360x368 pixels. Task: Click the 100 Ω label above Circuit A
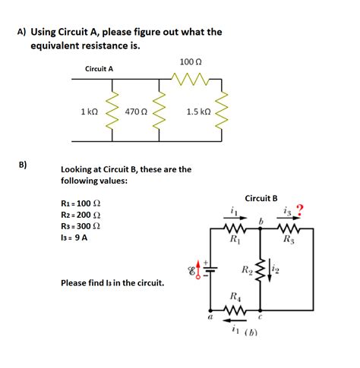pyautogui.click(x=190, y=61)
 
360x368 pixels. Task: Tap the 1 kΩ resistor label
pyautogui.click(x=89, y=112)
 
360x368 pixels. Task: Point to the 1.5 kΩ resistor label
pyautogui.click(x=198, y=112)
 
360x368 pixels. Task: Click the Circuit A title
pyautogui.click(x=99, y=69)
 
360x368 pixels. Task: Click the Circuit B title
pyautogui.click(x=261, y=198)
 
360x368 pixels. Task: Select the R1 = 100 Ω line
pyautogui.click(x=80, y=204)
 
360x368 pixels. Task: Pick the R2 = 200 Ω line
pyautogui.click(x=80, y=215)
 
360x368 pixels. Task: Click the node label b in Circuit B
pyautogui.click(x=260, y=221)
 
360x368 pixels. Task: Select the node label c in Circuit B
pyautogui.click(x=260, y=318)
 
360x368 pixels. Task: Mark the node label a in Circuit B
pyautogui.click(x=209, y=319)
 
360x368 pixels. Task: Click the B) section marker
pyautogui.click(x=23, y=164)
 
